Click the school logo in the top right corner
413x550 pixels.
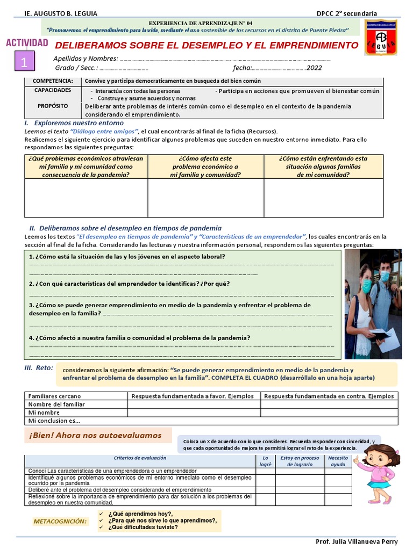[x=380, y=38]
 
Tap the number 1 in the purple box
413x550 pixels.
[x=24, y=62]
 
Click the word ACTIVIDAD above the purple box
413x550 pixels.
[x=27, y=43]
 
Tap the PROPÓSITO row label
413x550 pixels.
[x=53, y=106]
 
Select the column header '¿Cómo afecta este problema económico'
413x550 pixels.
[x=205, y=167]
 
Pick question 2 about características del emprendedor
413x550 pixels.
[x=130, y=283]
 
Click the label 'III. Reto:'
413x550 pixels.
[x=39, y=368]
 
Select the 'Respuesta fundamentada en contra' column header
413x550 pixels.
[x=329, y=396]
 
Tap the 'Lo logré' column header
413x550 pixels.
[x=265, y=461]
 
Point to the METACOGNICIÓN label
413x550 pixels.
[x=60, y=521]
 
